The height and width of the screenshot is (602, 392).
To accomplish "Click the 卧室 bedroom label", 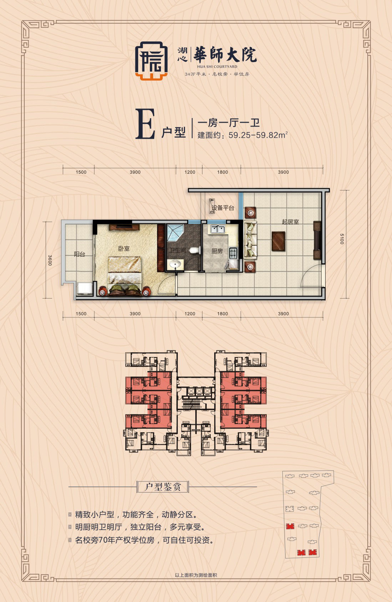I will [124, 249].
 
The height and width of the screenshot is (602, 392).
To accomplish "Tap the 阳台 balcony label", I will [79, 254].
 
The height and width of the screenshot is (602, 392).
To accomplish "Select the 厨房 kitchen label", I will [217, 251].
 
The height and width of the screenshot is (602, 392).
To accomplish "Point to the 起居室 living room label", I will [290, 222].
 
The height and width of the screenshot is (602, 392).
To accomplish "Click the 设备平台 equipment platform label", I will [223, 208].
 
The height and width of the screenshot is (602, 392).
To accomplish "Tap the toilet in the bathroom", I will [194, 250].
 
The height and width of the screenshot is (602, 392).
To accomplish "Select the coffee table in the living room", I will [278, 241].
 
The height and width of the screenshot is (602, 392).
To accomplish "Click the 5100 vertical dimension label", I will [342, 239].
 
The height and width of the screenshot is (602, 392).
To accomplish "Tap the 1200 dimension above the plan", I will [190, 172].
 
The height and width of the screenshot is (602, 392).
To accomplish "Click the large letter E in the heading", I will [145, 125].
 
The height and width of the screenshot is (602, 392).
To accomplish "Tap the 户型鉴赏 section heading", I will [163, 487].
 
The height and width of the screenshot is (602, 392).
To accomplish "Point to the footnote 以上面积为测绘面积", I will [196, 575].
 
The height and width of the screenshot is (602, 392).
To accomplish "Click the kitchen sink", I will [217, 229].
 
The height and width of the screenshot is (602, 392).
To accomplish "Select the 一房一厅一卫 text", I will [228, 123].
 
